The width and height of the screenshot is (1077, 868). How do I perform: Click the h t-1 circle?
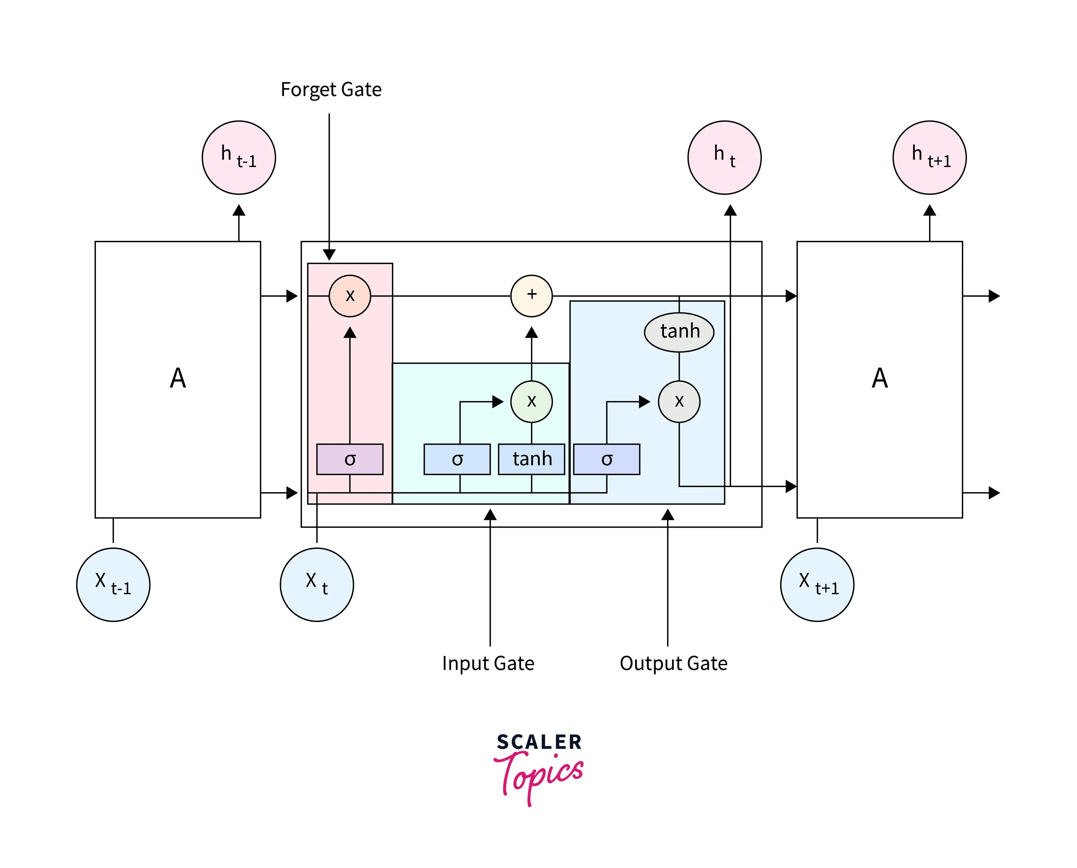pyautogui.click(x=239, y=158)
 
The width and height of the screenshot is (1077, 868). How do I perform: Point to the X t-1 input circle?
pyautogui.click(x=113, y=584)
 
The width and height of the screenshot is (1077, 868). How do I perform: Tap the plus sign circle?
pyautogui.click(x=531, y=295)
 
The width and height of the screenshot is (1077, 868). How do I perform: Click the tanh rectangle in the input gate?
pyautogui.click(x=531, y=459)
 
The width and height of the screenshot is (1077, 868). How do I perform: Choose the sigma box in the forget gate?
pyautogui.click(x=350, y=459)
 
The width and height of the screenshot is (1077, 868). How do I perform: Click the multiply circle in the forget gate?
pyautogui.click(x=350, y=295)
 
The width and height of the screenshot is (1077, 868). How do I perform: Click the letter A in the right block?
pyautogui.click(x=880, y=378)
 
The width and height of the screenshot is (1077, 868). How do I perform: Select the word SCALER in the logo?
pyautogui.click(x=539, y=742)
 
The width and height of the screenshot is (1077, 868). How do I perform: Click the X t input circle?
pyautogui.click(x=317, y=584)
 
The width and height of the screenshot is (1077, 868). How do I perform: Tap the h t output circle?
pyautogui.click(x=724, y=158)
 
